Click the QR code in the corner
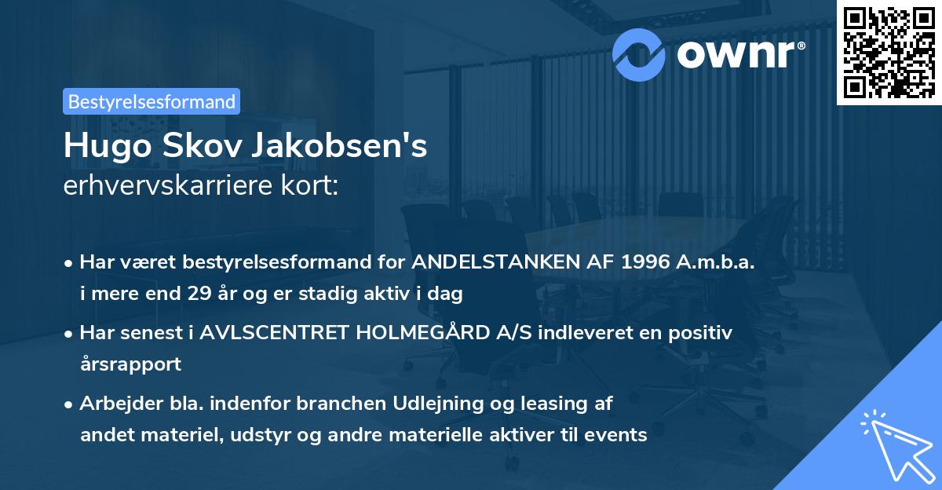pyautogui.click(x=889, y=52)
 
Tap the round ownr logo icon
pyautogui.click(x=640, y=53)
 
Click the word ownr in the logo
pyautogui.click(x=738, y=53)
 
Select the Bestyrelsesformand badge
pyautogui.click(x=152, y=101)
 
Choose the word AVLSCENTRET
pyautogui.click(x=276, y=332)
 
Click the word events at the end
pyautogui.click(x=622, y=434)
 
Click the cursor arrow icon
pyautogui.click(x=896, y=447)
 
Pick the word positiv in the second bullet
pyautogui.click(x=704, y=332)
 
